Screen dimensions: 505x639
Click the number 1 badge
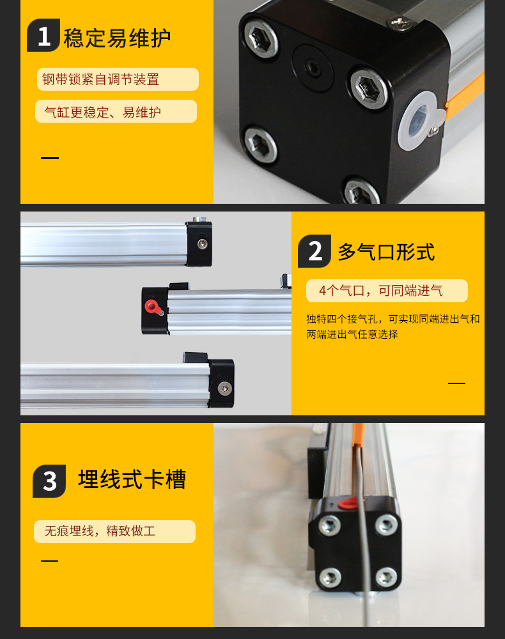[x=43, y=35]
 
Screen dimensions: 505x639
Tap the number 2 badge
[x=315, y=251]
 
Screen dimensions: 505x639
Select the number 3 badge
[x=49, y=481]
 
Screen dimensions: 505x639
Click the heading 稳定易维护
[x=117, y=38]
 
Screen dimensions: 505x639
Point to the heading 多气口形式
[x=386, y=252]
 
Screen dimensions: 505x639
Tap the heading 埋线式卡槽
[x=132, y=479]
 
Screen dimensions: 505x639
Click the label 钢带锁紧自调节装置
[x=100, y=79]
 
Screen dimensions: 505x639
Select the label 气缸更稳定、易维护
[x=102, y=112]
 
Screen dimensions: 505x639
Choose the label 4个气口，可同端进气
[x=380, y=291]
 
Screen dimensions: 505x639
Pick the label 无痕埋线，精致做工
[x=100, y=531]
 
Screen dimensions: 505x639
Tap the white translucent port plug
[x=419, y=121]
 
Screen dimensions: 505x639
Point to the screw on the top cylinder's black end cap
[x=202, y=243]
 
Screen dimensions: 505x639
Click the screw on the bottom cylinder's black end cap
[x=223, y=389]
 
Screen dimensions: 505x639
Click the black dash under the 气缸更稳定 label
[x=50, y=158]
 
